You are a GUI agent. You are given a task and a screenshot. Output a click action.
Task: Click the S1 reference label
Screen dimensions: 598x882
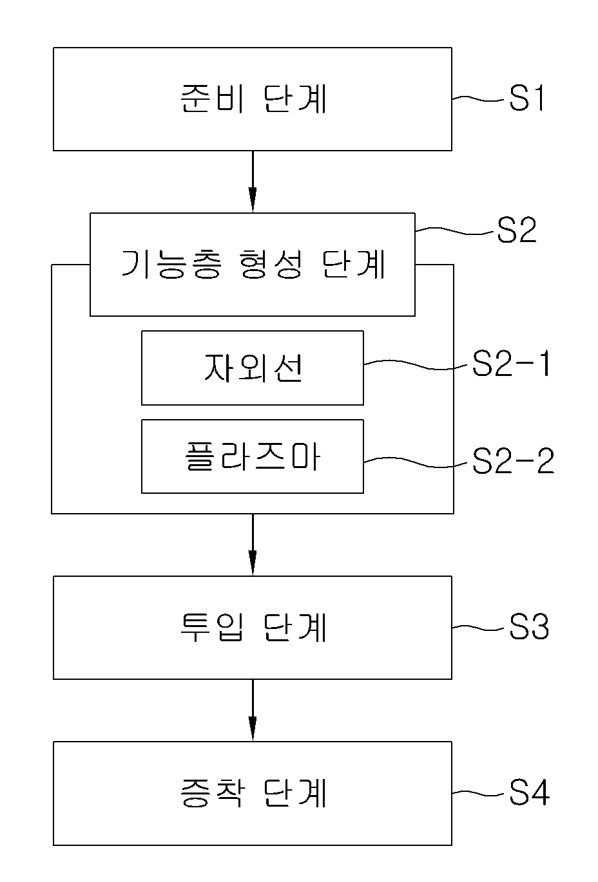click(526, 98)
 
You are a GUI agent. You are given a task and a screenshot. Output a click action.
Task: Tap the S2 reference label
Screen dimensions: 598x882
click(516, 230)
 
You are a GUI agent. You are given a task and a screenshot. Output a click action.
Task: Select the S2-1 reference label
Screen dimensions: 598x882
click(511, 364)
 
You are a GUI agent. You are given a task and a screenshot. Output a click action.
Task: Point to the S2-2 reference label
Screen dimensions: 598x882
click(513, 461)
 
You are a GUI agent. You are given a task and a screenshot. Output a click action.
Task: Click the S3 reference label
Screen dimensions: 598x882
click(528, 626)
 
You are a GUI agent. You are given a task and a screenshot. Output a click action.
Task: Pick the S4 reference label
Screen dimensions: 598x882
click(529, 793)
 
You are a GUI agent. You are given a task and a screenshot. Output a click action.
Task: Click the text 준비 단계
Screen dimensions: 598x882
click(253, 99)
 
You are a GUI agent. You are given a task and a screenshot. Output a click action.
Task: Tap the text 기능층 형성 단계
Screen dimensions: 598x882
click(253, 264)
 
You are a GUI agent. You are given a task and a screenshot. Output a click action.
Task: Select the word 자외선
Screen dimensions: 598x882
click(253, 368)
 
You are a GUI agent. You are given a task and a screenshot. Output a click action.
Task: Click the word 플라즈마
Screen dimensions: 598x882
click(253, 456)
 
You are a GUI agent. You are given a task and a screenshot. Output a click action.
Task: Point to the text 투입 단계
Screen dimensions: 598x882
click(253, 627)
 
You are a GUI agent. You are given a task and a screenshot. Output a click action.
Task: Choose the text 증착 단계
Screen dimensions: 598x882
click(253, 793)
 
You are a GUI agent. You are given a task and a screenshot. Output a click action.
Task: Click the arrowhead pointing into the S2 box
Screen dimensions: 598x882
click(253, 200)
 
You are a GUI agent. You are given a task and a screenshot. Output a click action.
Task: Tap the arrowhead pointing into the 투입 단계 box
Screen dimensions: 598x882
click(253, 563)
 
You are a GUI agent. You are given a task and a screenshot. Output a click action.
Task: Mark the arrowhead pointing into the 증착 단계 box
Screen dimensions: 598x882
click(253, 728)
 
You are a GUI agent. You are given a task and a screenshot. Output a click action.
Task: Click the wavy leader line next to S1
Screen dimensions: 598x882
click(478, 99)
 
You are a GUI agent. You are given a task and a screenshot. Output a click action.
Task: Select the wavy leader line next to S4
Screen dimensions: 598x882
click(478, 793)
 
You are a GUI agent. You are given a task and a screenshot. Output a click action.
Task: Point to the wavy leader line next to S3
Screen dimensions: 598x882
click(478, 627)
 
